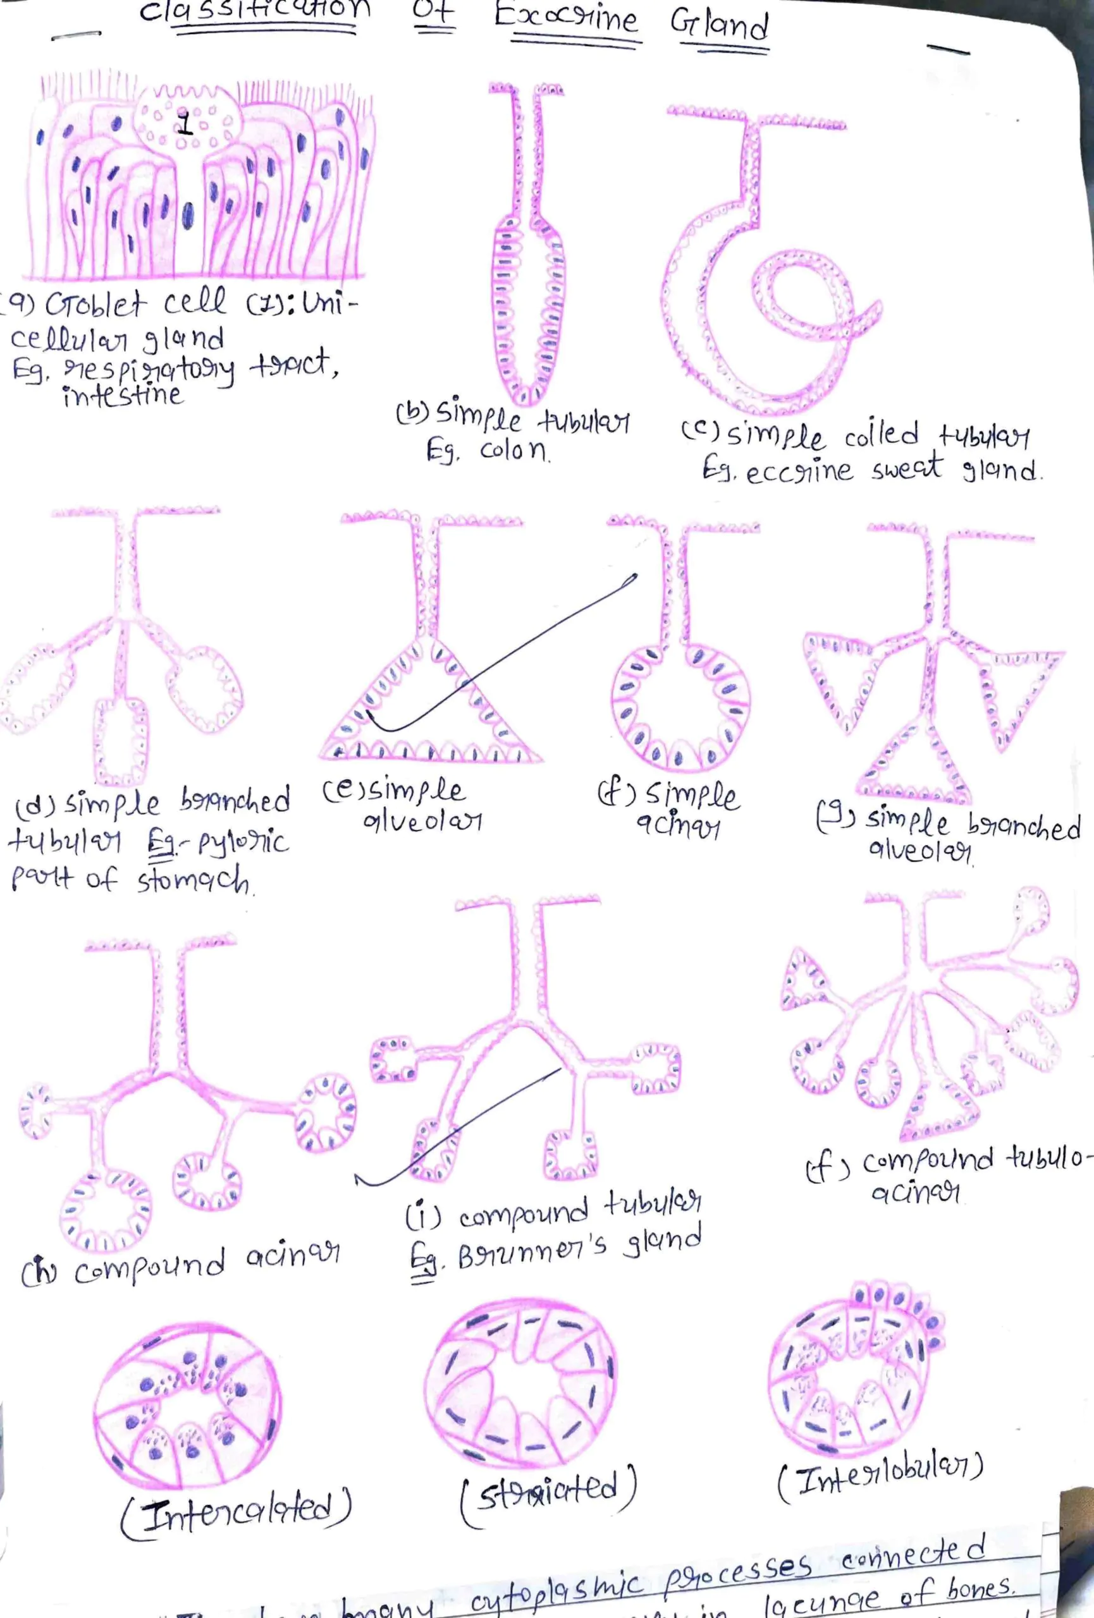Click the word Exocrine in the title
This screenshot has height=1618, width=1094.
[x=565, y=21]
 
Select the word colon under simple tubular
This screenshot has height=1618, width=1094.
[x=514, y=452]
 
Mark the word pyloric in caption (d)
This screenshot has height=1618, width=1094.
[x=242, y=844]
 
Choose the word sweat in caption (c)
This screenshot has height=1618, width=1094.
[x=907, y=468]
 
